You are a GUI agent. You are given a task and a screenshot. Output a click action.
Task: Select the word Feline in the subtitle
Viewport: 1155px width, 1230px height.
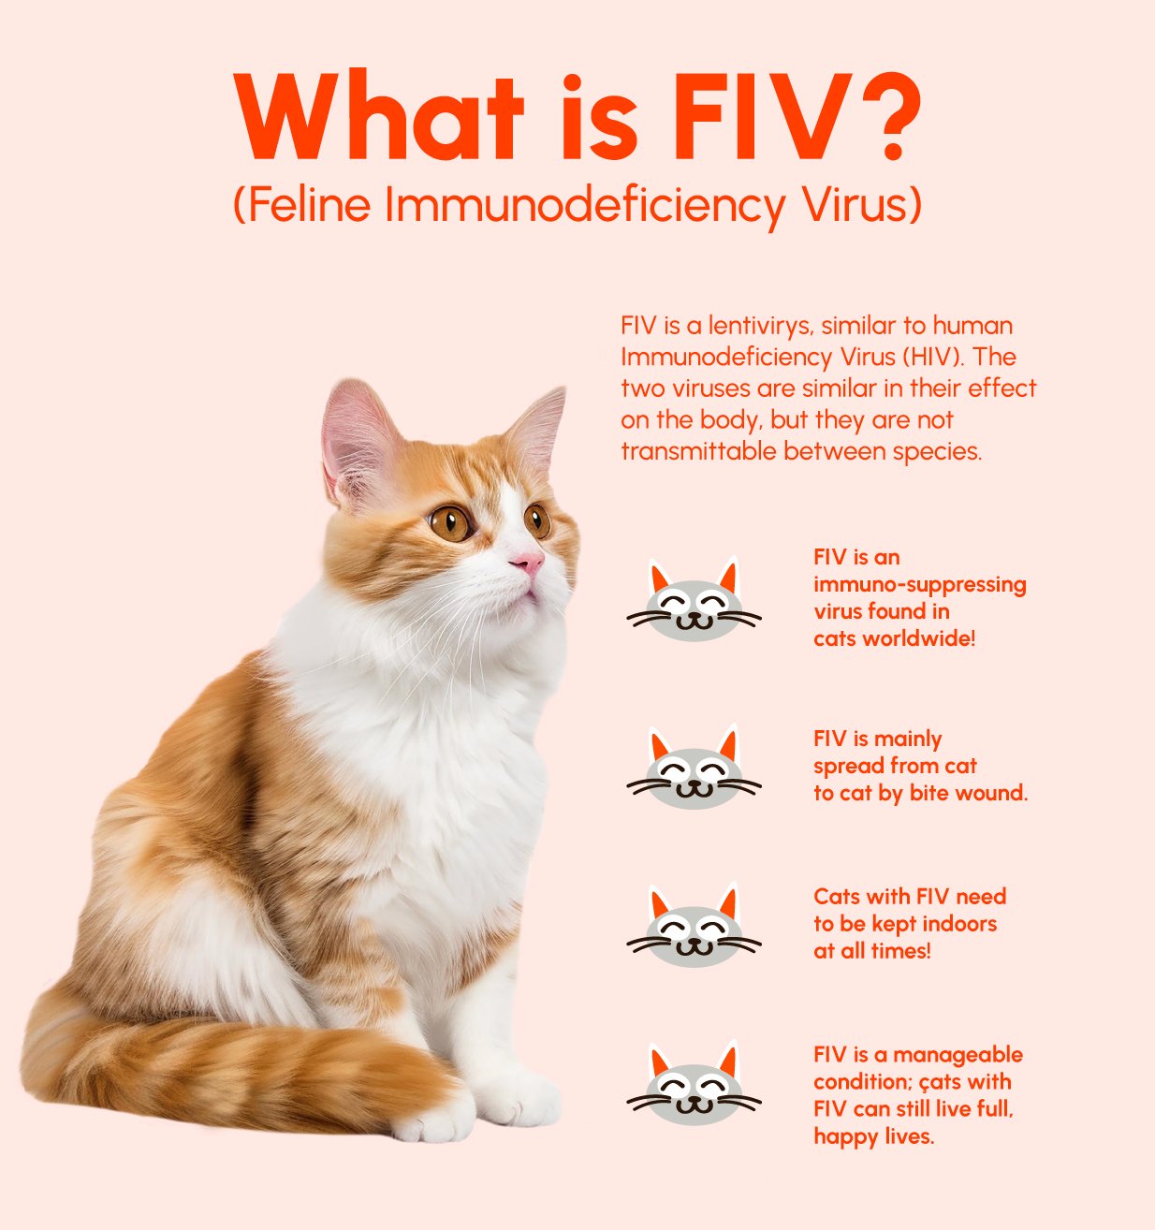pos(310,205)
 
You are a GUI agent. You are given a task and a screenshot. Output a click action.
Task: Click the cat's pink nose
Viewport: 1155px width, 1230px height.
pos(526,563)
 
